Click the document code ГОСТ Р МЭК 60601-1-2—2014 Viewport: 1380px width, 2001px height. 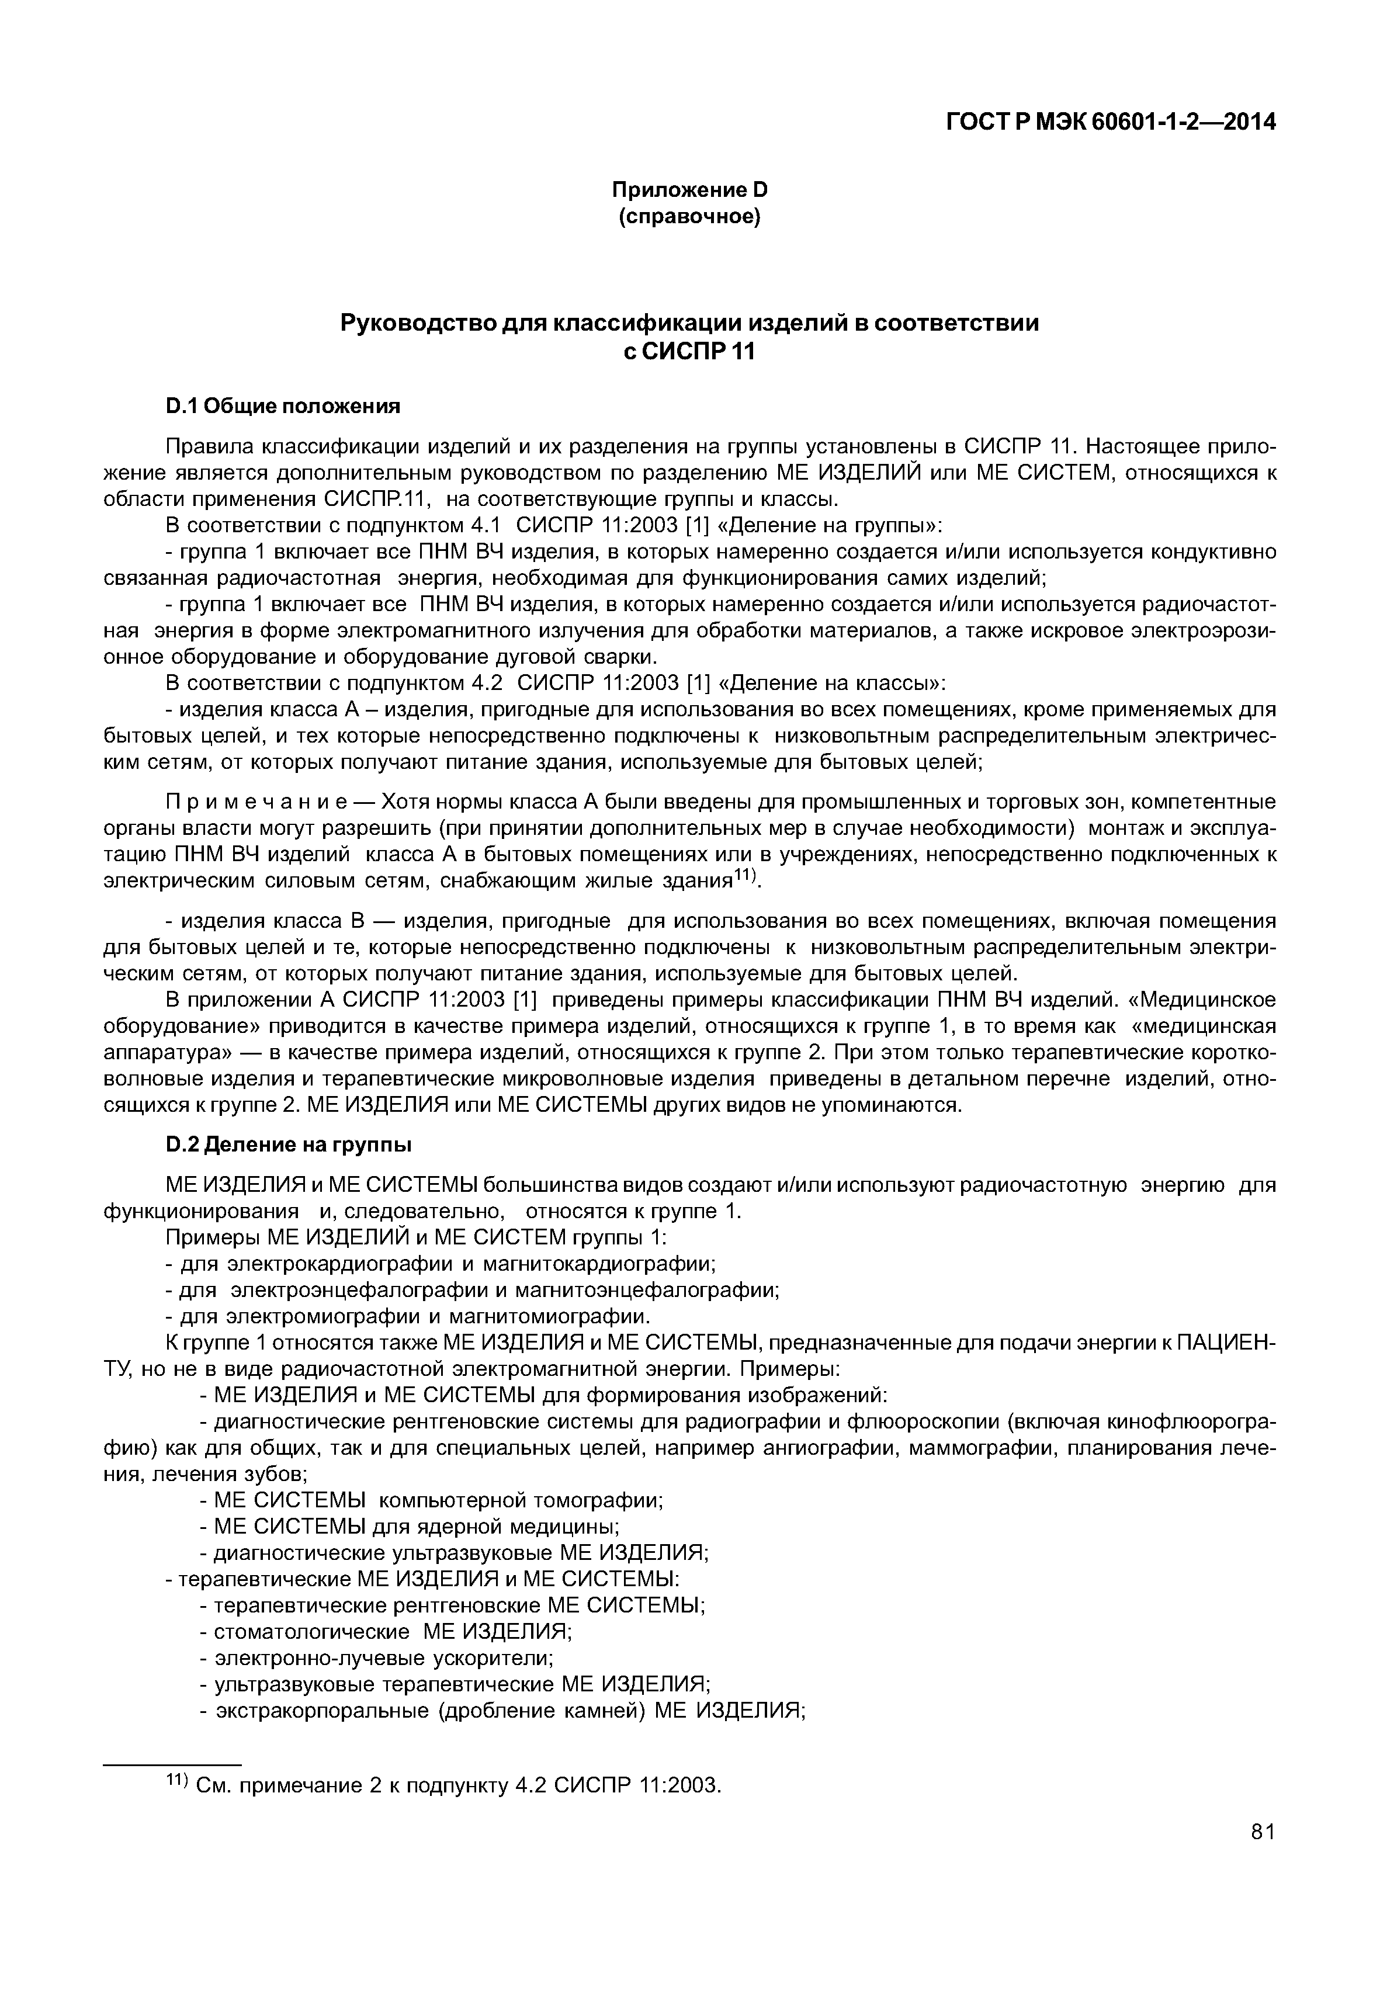pos(1111,123)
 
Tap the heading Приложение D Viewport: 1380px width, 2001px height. pos(689,189)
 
